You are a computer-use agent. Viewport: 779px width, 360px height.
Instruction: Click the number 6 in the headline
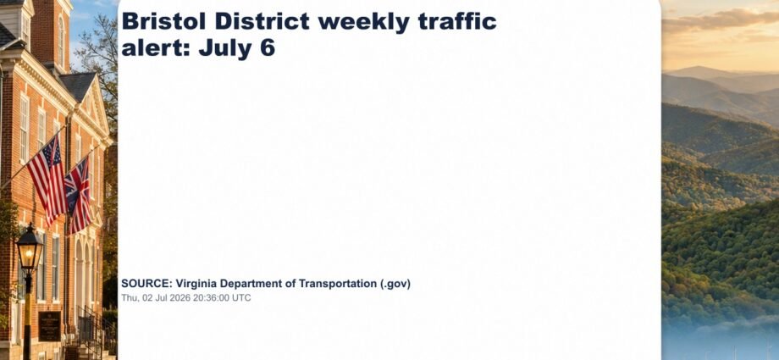[x=268, y=48]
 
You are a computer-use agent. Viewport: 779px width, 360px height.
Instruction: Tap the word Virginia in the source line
[x=196, y=284]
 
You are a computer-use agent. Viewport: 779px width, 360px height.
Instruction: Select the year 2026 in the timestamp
[x=179, y=298]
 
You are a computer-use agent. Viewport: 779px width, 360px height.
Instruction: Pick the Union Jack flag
[x=78, y=196]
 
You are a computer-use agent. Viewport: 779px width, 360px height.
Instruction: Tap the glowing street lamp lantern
[x=30, y=249]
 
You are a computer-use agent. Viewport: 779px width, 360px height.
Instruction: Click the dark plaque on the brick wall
[x=50, y=325]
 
